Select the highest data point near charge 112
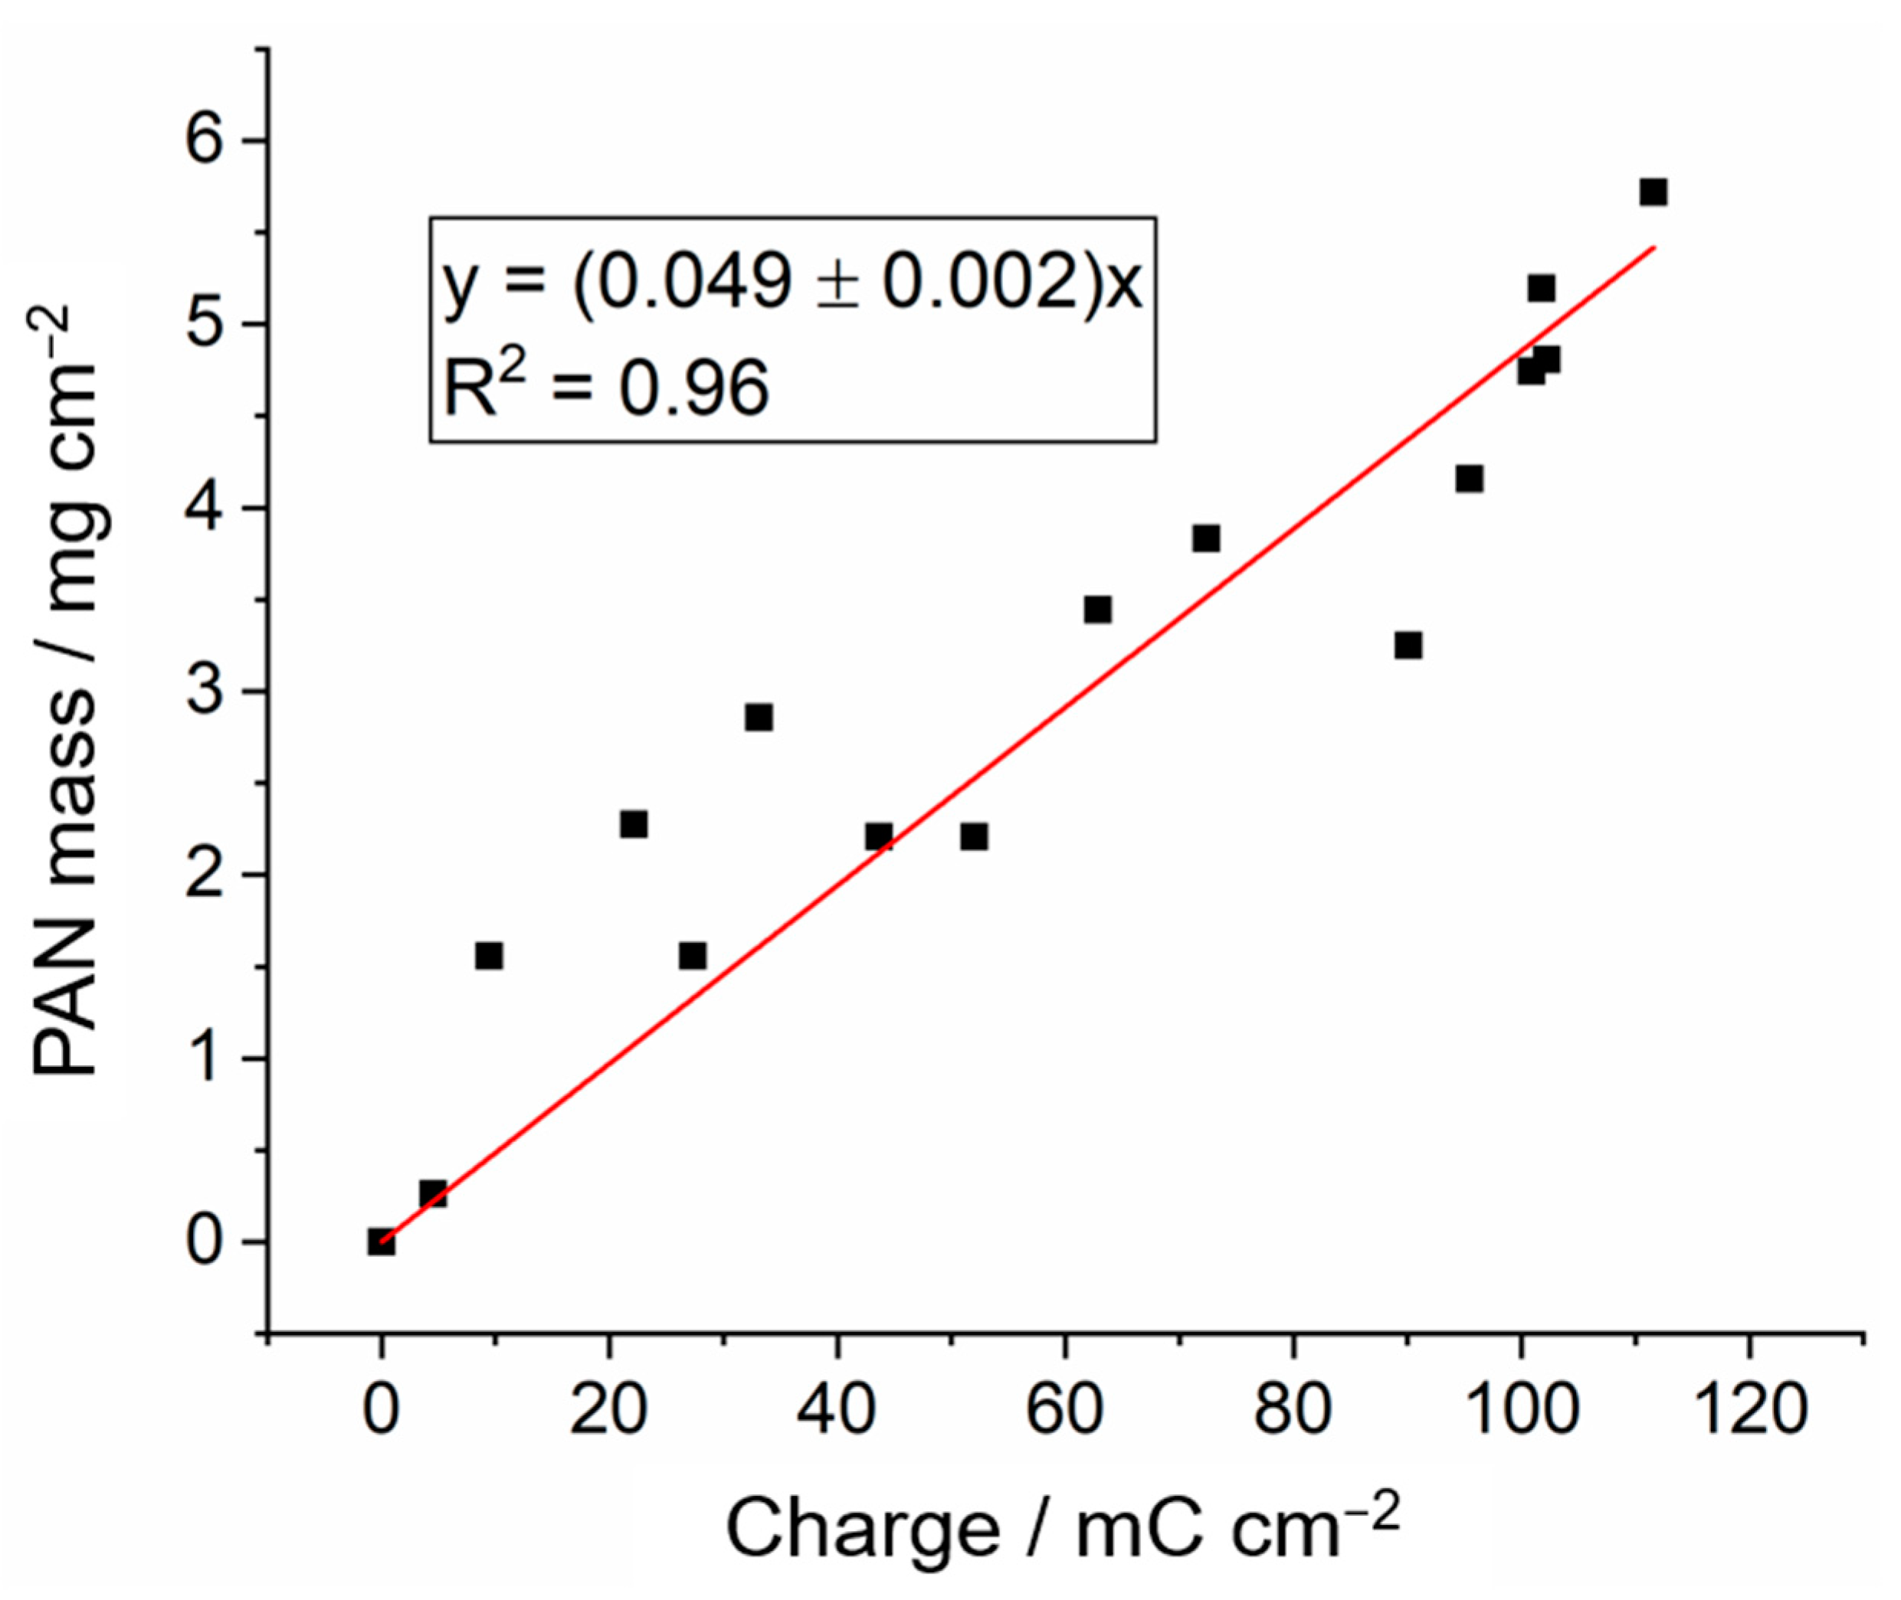click(x=1653, y=192)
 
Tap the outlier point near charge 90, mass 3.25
click(x=1408, y=645)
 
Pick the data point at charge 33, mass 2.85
click(x=759, y=718)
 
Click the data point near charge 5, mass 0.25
click(x=433, y=1193)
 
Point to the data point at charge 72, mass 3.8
click(x=1205, y=538)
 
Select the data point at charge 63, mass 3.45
click(x=1097, y=610)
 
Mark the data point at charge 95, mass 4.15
click(x=1469, y=478)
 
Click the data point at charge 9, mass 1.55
click(x=489, y=956)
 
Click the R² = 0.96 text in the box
click(x=606, y=388)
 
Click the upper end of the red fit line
click(x=1654, y=247)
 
